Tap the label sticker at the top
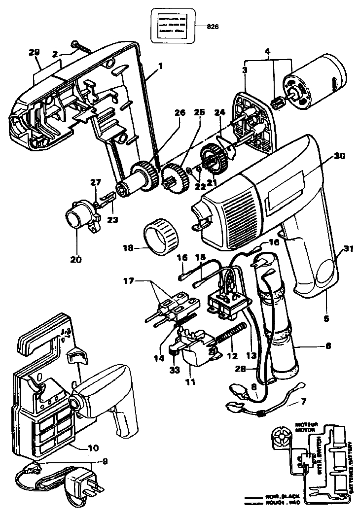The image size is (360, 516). click(172, 24)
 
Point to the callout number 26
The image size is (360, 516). click(180, 112)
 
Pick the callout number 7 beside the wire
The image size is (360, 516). click(303, 403)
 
